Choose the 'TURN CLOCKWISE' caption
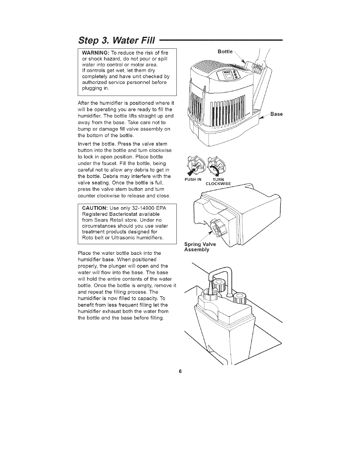point(218,182)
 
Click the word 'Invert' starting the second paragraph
point(84,144)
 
